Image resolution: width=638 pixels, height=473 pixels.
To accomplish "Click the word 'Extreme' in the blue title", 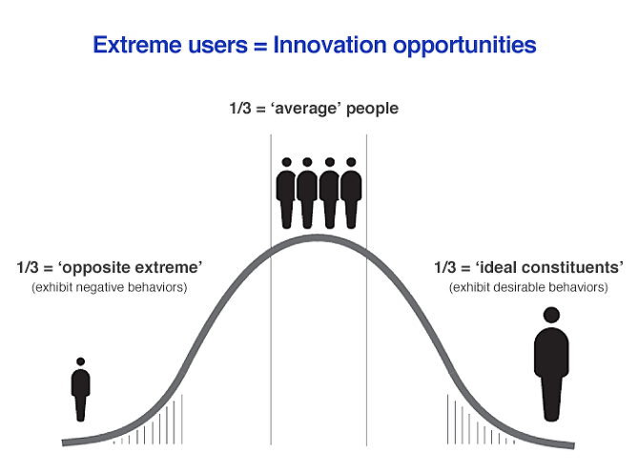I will pos(132,44).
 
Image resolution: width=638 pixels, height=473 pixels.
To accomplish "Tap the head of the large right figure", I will pos(550,315).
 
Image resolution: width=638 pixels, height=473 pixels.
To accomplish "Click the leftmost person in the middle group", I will pos(285,193).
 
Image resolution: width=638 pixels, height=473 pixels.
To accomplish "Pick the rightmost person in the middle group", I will pos(352,193).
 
